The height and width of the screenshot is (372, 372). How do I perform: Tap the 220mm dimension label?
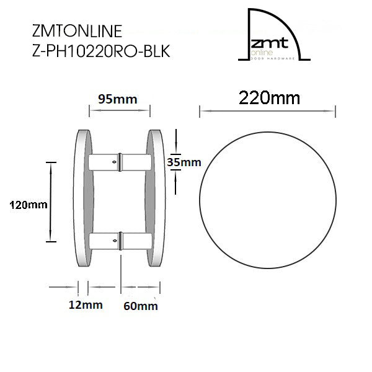tap(269, 98)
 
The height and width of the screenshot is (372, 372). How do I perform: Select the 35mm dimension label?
tap(185, 162)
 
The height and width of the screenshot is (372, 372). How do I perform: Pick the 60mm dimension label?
tap(141, 305)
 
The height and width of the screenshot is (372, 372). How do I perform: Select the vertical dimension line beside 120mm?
tap(50, 201)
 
